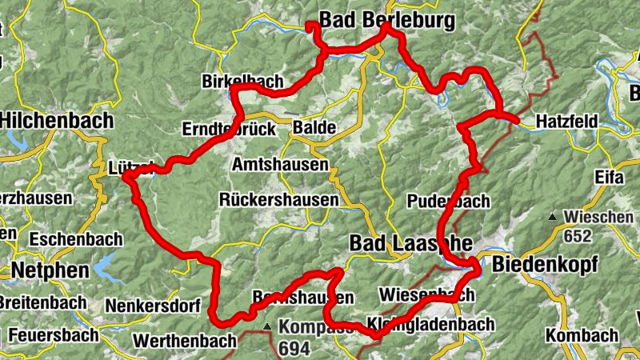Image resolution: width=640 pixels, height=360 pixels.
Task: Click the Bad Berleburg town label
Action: pos(386,18)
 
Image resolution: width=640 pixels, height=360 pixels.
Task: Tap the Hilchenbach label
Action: pos(57,120)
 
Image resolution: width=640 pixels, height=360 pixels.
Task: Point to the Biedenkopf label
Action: pos(544,264)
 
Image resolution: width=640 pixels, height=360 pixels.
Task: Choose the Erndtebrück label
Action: pos(229,129)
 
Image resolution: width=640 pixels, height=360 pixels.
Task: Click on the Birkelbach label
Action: pos(240,82)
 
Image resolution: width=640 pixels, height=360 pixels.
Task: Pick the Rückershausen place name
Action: pos(279,200)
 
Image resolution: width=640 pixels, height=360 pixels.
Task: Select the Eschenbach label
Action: pos(76,238)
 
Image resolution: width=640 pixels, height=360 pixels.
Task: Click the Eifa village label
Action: pos(608,176)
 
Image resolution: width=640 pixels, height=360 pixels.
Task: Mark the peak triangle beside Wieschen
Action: pos(552,218)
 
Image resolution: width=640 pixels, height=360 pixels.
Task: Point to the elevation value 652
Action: pos(576,236)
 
